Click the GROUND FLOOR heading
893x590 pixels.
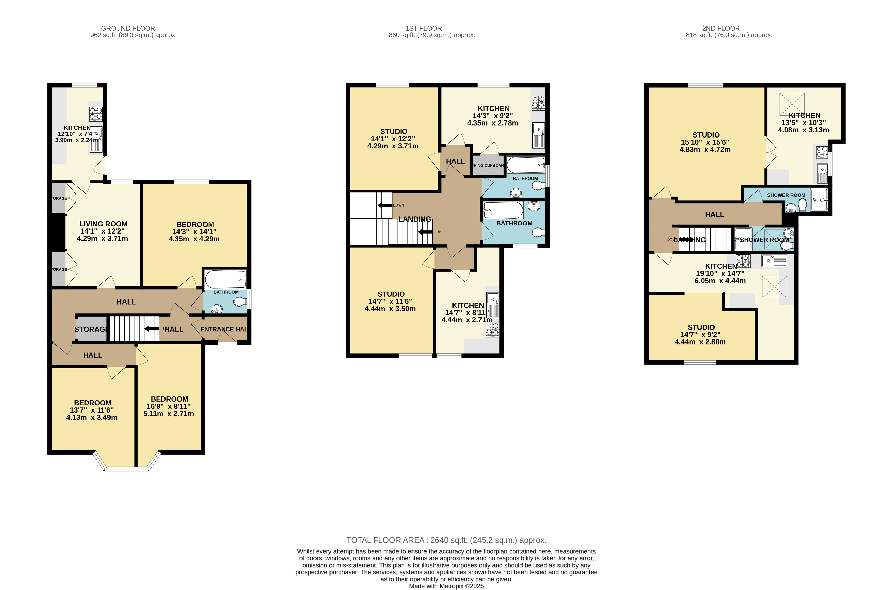click(x=128, y=28)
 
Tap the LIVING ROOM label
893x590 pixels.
click(x=103, y=224)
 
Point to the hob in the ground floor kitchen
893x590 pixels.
click(x=95, y=114)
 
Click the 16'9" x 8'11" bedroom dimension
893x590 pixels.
click(x=169, y=406)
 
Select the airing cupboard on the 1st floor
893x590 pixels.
click(x=488, y=166)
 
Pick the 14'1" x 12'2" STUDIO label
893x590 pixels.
click(x=393, y=132)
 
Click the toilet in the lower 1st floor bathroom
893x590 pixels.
click(x=539, y=232)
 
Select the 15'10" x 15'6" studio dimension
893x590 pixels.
click(x=705, y=142)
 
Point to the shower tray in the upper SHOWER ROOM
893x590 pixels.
click(x=819, y=199)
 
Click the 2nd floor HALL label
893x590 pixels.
click(x=714, y=214)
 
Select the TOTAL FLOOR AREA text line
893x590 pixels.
click(x=446, y=540)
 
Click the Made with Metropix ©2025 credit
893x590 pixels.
click(x=446, y=586)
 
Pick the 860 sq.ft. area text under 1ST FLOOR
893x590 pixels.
click(x=432, y=35)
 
